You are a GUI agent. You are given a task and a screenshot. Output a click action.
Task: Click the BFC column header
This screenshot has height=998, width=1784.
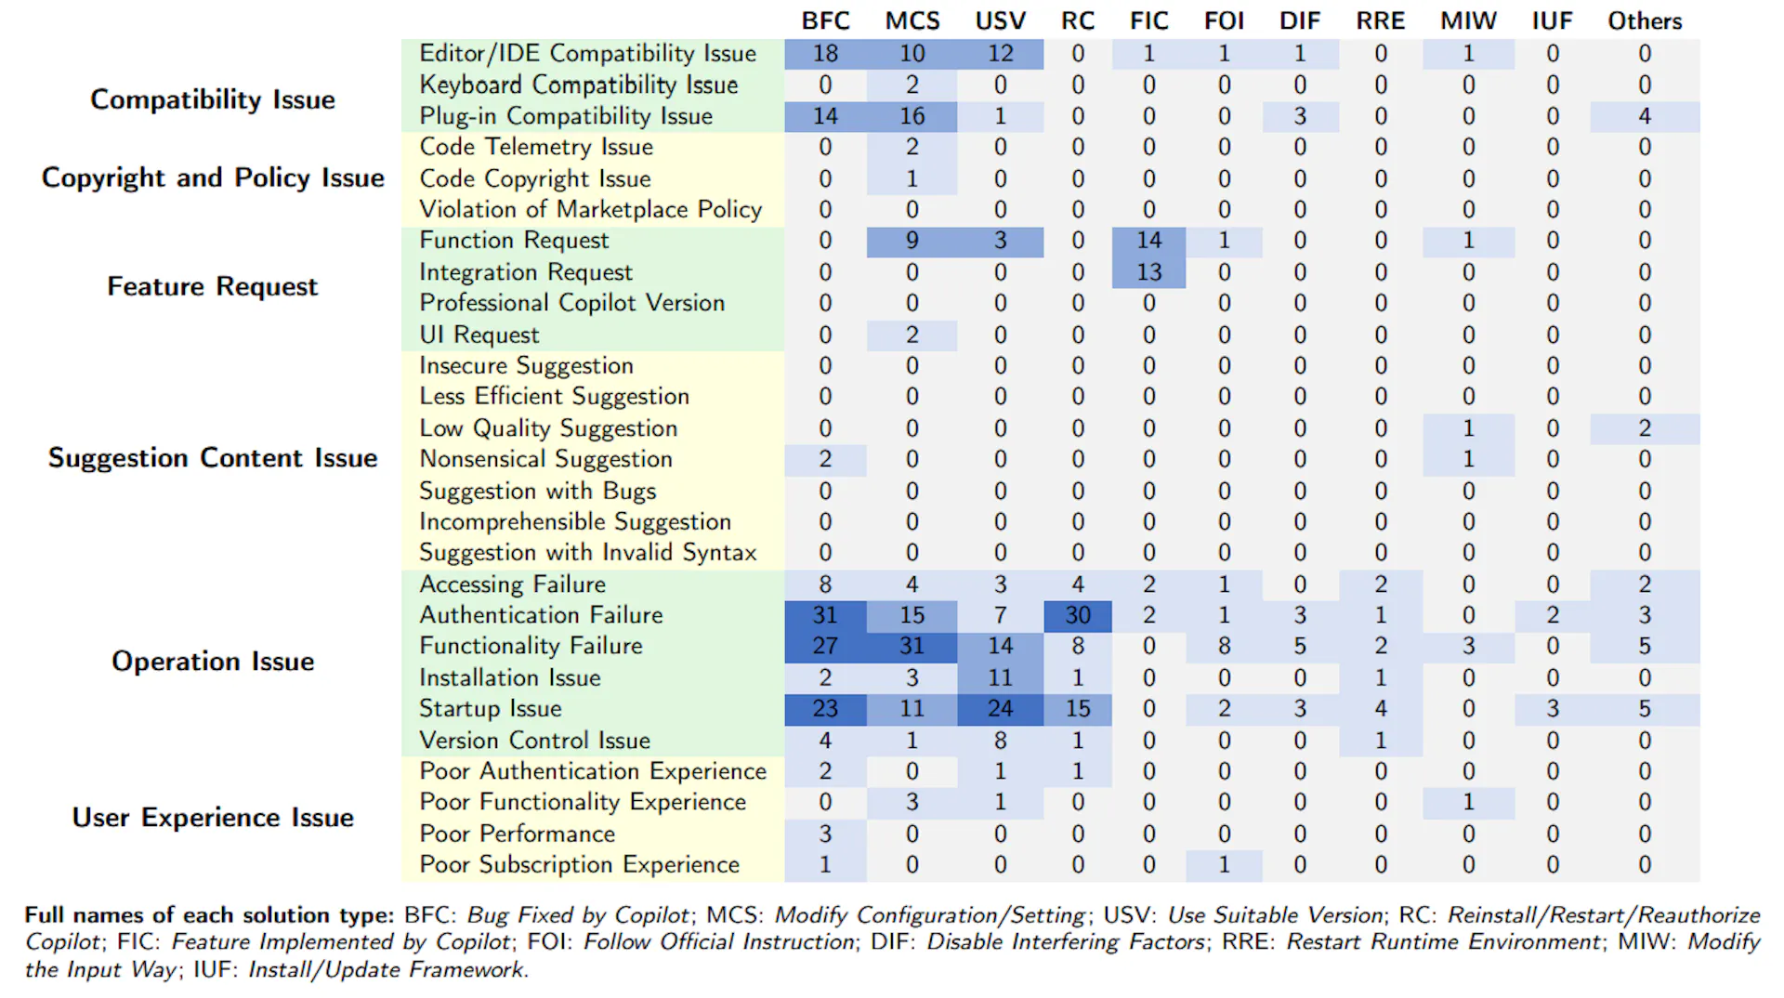825,20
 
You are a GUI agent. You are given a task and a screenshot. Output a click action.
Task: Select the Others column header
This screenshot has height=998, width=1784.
1645,20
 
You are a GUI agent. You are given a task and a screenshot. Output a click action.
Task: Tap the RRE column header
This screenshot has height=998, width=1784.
1380,20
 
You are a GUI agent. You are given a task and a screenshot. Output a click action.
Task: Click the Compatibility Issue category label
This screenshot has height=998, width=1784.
213,99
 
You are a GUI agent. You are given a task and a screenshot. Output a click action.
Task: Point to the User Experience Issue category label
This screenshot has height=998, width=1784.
213,817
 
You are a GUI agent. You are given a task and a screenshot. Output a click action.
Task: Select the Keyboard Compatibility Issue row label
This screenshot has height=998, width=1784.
578,85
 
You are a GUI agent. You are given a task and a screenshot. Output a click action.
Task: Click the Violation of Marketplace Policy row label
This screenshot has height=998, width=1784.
590,209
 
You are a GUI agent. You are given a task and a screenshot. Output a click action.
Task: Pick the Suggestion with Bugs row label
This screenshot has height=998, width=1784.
537,490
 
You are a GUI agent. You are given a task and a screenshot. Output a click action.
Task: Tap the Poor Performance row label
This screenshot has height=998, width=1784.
517,833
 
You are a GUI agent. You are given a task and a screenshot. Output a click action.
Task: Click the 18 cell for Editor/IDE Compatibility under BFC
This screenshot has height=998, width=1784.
825,54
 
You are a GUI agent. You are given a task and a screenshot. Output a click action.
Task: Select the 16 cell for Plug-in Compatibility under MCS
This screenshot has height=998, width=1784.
912,116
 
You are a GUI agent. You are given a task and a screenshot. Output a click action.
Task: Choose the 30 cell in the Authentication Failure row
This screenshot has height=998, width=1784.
1078,615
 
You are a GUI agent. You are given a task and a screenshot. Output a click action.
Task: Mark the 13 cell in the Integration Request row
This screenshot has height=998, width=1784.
1148,272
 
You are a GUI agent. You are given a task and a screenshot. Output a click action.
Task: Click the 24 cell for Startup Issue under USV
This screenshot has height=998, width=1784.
1000,709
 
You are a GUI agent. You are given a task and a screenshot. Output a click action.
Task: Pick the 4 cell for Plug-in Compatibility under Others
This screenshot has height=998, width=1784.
1645,116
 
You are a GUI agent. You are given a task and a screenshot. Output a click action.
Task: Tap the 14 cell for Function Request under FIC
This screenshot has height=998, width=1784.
1148,241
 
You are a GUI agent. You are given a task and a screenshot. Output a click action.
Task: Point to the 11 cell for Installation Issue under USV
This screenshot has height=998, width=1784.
1000,677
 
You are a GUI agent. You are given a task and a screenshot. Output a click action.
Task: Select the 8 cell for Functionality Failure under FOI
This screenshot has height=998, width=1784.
1224,646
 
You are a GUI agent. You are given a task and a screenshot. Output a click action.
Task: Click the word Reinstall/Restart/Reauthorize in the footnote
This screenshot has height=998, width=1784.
1604,915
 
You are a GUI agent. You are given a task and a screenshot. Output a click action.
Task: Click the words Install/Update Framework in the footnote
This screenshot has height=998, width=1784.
387,970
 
